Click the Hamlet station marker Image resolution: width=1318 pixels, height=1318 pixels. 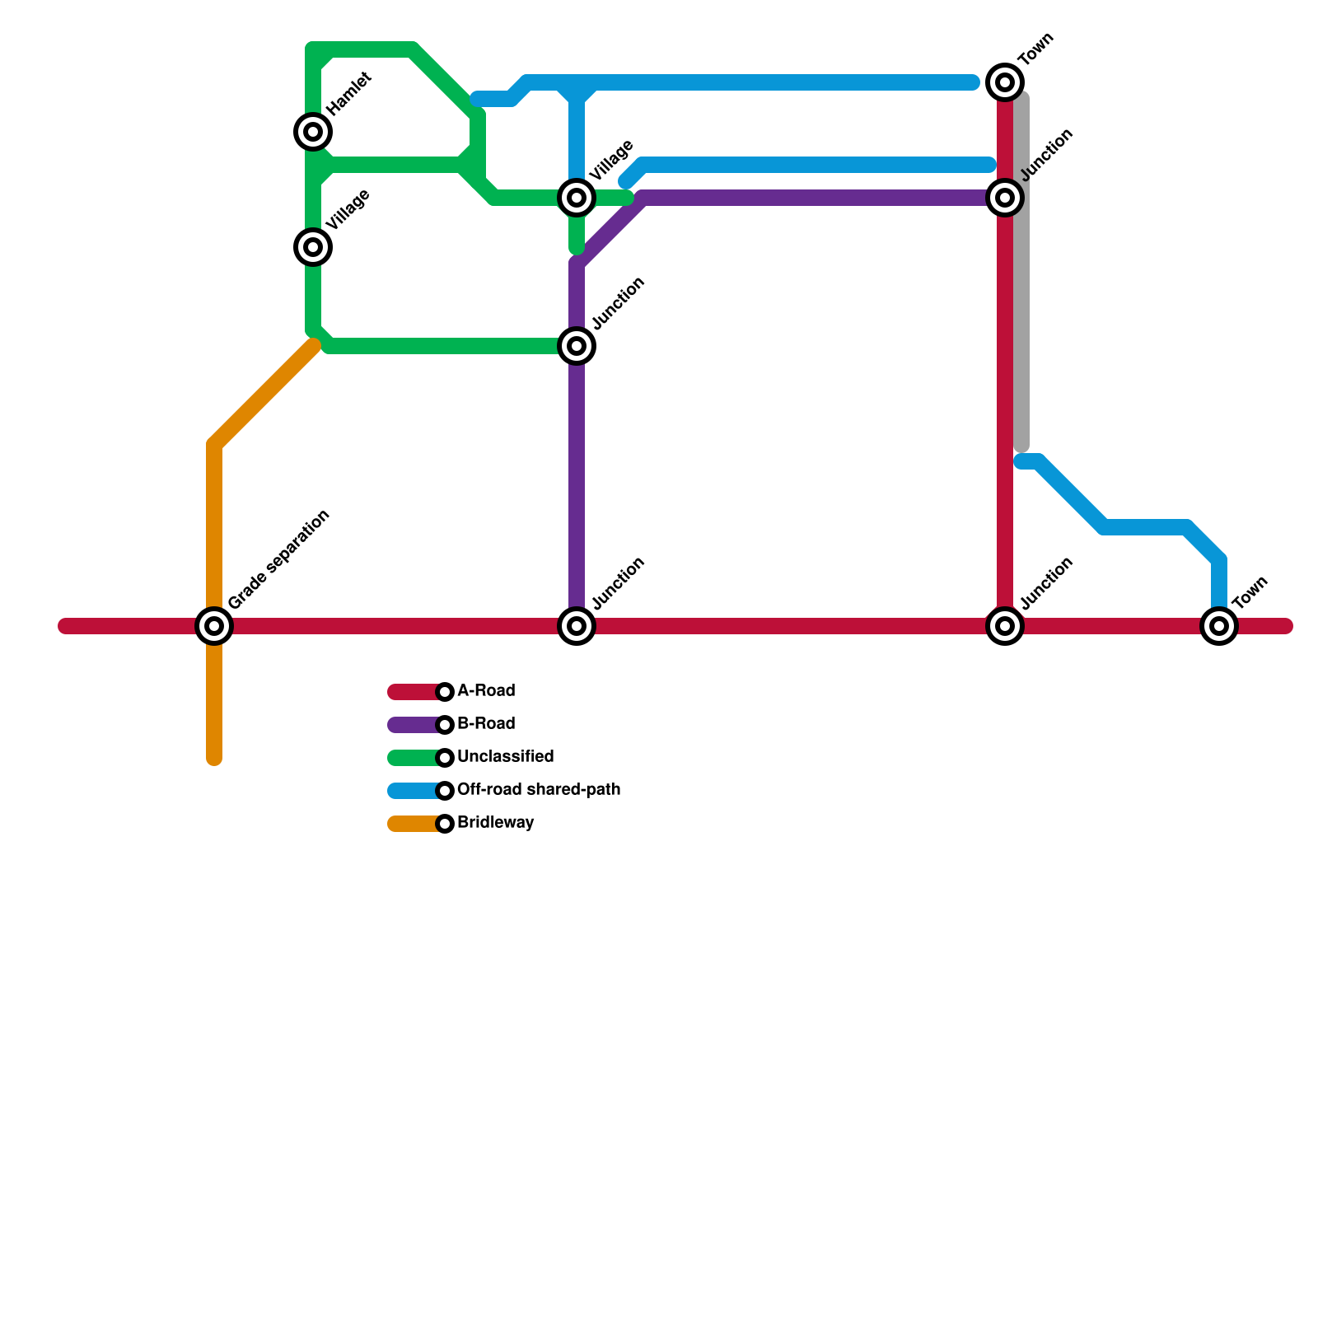313,132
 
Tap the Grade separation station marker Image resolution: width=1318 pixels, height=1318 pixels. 214,626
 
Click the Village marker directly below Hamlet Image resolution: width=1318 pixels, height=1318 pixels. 313,247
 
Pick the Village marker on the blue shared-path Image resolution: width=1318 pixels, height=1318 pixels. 577,198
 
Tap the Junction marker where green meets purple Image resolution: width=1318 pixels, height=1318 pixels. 577,346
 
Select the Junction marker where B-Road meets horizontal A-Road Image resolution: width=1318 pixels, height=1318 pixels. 577,626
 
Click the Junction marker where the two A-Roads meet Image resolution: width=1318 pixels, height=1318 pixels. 1005,626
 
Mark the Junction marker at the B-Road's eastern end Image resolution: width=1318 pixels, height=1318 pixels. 1005,198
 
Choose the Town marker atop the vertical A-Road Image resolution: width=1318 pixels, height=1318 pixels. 1005,82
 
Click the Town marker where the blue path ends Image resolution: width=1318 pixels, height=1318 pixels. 1219,626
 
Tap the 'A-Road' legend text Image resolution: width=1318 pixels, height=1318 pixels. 486,690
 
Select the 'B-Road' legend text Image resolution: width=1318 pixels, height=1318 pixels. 486,723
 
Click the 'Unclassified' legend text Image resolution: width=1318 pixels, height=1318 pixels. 505,756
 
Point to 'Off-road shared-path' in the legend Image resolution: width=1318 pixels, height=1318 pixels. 539,789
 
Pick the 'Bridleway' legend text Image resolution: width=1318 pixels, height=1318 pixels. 495,822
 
